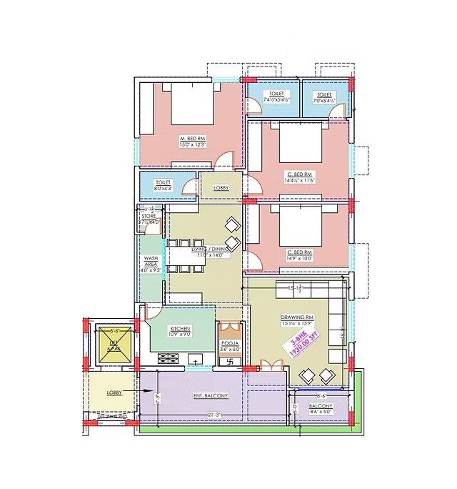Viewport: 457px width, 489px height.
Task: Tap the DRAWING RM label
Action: [298, 317]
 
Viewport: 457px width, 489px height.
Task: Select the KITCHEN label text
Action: [179, 328]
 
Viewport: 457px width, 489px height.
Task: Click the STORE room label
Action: [149, 215]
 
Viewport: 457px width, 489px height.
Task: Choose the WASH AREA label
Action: [151, 261]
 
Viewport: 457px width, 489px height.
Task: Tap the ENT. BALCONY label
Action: [211, 395]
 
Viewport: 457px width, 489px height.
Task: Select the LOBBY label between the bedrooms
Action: [221, 189]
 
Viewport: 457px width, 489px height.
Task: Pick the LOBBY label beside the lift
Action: [114, 392]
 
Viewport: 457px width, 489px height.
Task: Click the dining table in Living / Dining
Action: [185, 255]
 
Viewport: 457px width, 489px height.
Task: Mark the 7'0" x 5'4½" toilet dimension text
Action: [325, 101]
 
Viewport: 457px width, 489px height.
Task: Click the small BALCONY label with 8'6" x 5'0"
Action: [321, 405]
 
